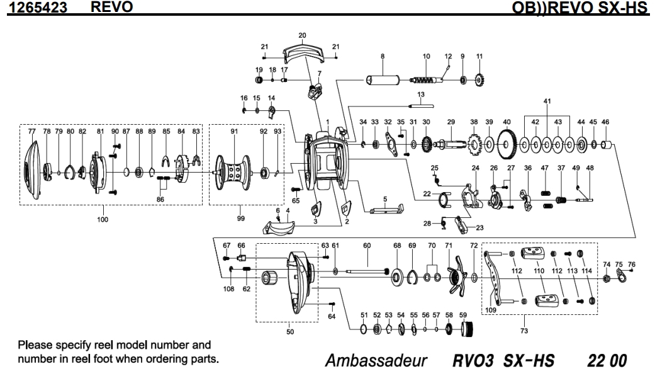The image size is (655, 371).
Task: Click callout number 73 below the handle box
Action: coord(525,329)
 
